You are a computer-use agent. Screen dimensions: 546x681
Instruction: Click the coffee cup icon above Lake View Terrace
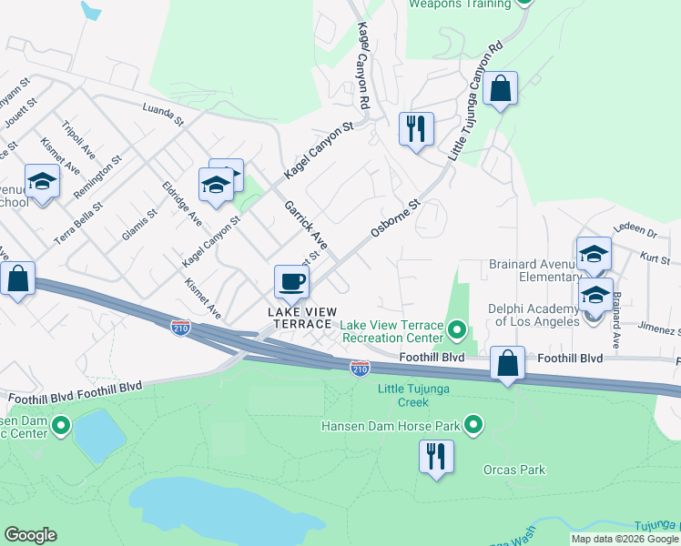(291, 281)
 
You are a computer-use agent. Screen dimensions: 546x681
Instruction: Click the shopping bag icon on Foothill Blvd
(507, 363)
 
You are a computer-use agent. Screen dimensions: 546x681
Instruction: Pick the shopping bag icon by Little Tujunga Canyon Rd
(500, 89)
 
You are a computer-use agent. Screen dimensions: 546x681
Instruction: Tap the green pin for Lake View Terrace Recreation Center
(456, 328)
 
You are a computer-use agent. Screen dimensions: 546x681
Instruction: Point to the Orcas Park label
(513, 470)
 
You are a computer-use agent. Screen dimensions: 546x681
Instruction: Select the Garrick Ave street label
(305, 225)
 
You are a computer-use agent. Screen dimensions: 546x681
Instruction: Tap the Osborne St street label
(393, 219)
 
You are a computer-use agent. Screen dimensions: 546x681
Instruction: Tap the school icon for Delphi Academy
(595, 295)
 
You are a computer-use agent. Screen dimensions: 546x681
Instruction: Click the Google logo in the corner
(30, 535)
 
